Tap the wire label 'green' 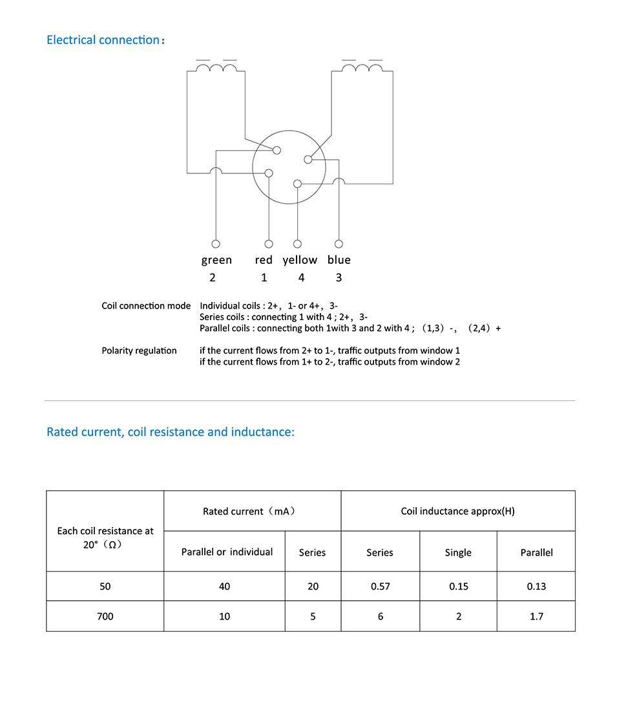216,260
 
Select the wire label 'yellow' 300,260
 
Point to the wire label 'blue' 339,260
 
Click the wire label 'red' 264,260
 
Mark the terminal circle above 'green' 216,244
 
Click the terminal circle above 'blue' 339,244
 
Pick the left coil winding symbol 216,69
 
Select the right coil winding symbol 362,69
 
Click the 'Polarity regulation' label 139,350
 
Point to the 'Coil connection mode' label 146,306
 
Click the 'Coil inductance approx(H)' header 457,512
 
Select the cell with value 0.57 380,587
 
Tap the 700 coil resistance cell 105,616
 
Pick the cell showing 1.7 536,616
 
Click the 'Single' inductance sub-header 458,552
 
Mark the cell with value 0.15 458,587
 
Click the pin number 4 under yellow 301,277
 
